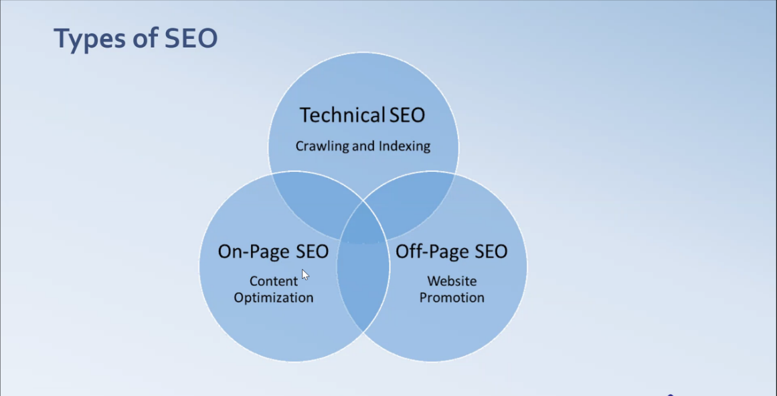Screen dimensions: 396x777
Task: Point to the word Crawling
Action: pyautogui.click(x=321, y=146)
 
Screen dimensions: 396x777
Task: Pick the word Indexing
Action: pyautogui.click(x=404, y=146)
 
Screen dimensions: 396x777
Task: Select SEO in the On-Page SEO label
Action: pyautogui.click(x=311, y=252)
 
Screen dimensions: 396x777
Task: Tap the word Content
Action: pyautogui.click(x=273, y=281)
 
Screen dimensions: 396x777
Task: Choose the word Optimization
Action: pyautogui.click(x=273, y=297)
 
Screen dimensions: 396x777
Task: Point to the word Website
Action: pyautogui.click(x=452, y=281)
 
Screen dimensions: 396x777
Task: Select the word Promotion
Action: pyautogui.click(x=452, y=297)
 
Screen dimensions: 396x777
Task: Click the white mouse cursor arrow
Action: pyautogui.click(x=305, y=274)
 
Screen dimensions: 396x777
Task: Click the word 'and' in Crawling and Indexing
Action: pyautogui.click(x=363, y=146)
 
